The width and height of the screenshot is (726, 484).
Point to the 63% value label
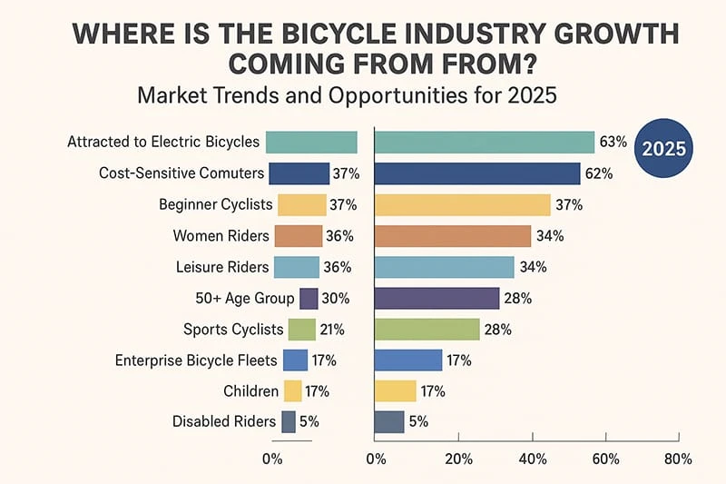[613, 142]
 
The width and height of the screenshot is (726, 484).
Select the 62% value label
[599, 173]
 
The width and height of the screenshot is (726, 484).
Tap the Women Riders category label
[221, 236]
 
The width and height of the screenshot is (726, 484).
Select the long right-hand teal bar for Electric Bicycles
[485, 143]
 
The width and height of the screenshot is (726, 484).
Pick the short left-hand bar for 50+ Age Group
[309, 299]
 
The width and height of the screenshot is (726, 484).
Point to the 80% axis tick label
[678, 459]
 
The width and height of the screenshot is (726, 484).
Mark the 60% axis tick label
[604, 459]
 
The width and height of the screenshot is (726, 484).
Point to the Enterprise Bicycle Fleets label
[196, 361]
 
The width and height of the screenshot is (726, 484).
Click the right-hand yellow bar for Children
[396, 391]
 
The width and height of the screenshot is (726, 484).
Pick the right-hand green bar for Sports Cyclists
[427, 330]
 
